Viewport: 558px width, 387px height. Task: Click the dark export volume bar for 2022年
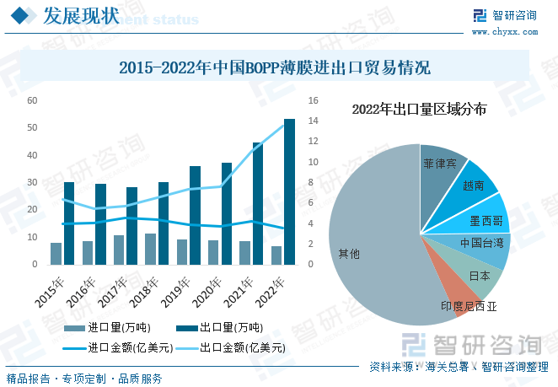(289, 191)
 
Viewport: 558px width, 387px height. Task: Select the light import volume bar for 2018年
(150, 249)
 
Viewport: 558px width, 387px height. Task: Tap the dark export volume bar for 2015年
(69, 223)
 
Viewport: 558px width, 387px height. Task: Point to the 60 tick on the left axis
(32, 100)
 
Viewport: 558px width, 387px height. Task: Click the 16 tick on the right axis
(313, 100)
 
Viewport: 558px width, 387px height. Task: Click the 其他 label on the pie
(349, 253)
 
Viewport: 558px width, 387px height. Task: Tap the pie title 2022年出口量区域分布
(419, 110)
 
